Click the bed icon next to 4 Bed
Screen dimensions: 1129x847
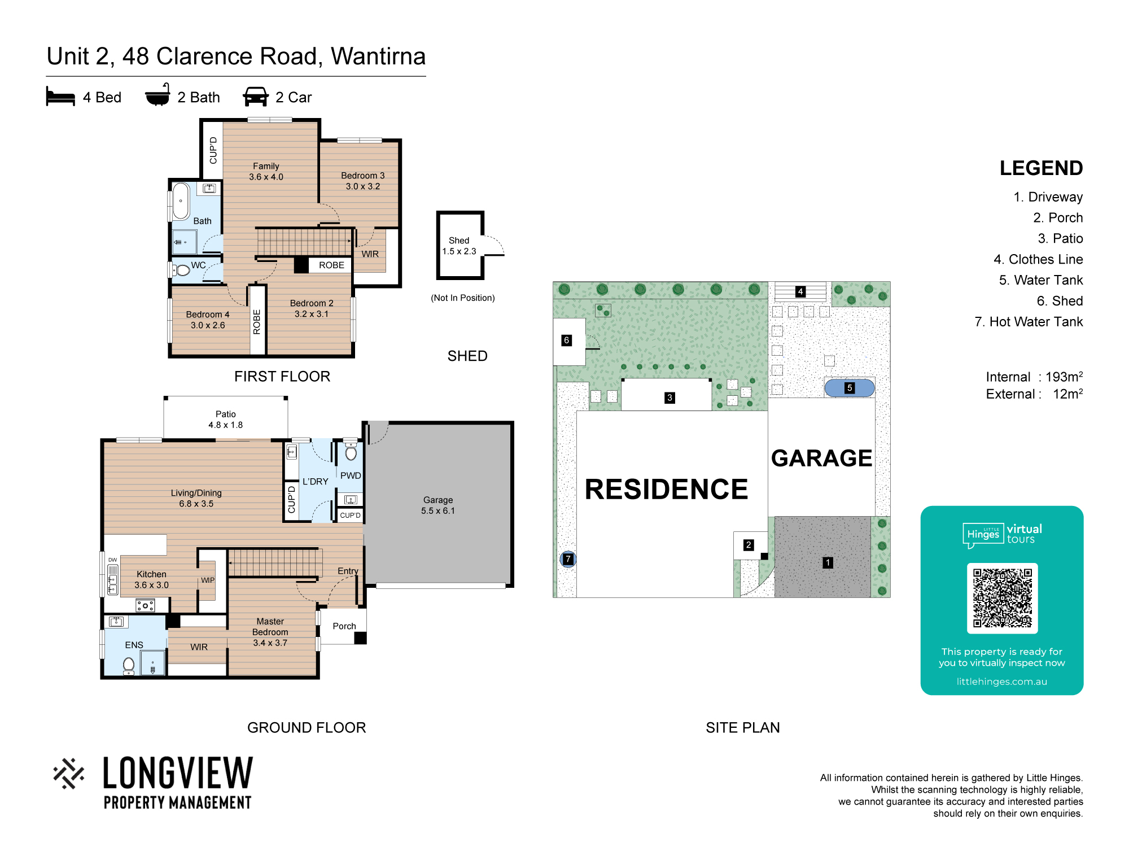pos(60,97)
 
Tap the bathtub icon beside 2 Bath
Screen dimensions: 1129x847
pos(157,95)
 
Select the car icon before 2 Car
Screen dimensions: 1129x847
pos(256,97)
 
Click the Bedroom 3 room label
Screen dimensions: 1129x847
pos(363,181)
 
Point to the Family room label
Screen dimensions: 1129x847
pos(266,171)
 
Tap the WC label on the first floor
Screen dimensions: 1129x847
pos(198,265)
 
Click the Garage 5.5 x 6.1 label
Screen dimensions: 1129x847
pos(438,505)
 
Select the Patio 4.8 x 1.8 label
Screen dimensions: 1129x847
pos(226,420)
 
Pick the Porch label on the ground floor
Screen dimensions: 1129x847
pos(344,626)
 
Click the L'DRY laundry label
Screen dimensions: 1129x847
pos(316,481)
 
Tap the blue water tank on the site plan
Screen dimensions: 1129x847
pos(850,388)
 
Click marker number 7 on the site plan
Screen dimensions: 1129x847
pos(568,559)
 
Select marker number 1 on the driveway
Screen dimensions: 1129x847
pos(828,562)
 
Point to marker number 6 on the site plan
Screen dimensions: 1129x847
pos(567,340)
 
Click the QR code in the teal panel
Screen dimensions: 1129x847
pos(1002,598)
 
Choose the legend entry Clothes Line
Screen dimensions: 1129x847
pos(1038,259)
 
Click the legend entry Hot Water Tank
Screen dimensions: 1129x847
pos(1029,322)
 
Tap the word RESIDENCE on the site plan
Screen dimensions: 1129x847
pos(666,489)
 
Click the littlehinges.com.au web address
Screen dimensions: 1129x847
pos(1002,682)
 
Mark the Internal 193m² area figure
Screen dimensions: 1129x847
pos(1034,377)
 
